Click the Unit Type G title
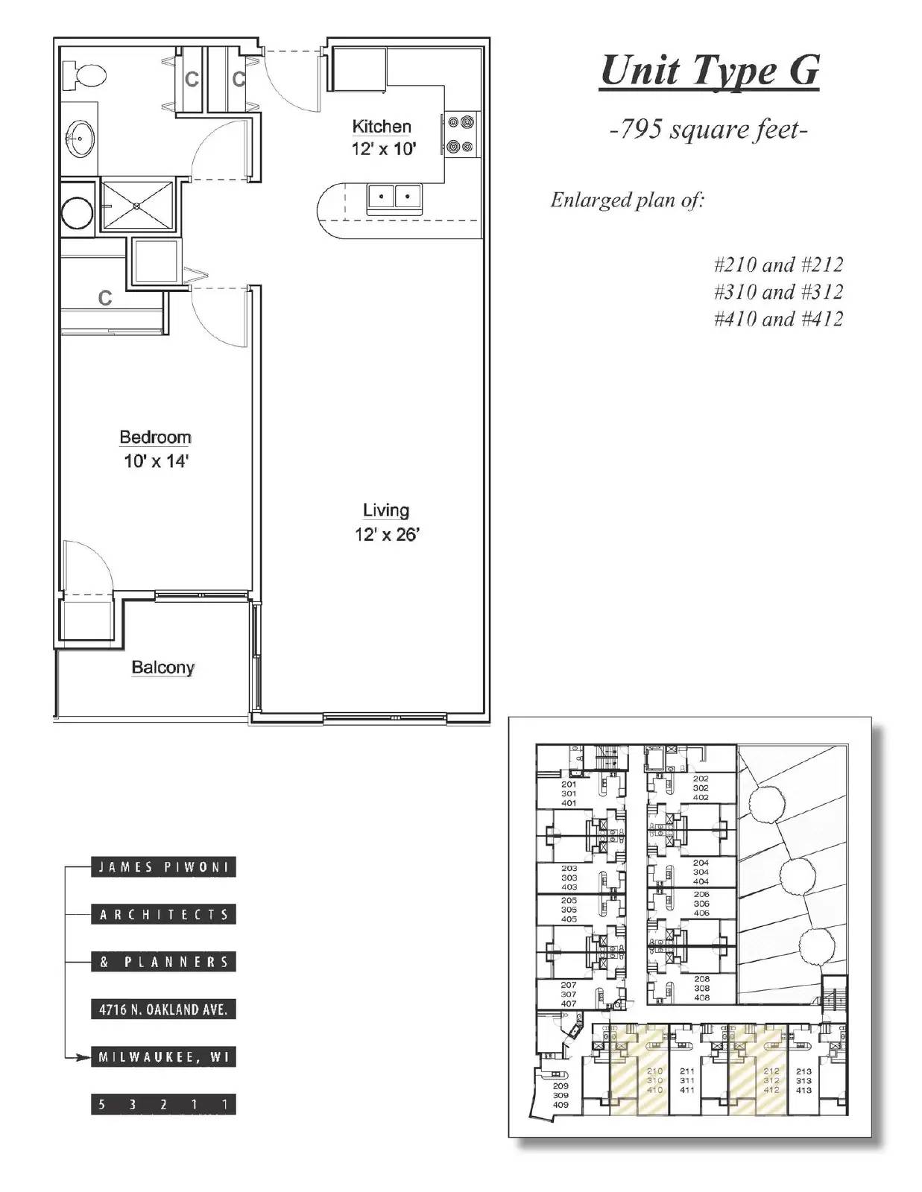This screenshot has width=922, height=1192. point(709,71)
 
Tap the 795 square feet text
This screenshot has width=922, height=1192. point(708,130)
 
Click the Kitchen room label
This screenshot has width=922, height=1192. point(381,126)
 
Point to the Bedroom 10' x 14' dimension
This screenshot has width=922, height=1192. point(156,461)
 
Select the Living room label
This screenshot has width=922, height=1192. point(385,510)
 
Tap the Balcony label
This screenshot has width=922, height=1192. point(162,667)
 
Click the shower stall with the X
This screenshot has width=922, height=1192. point(138,204)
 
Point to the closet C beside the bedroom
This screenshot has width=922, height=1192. point(105,298)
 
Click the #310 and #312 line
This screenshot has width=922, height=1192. point(777,291)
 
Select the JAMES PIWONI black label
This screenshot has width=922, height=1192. point(163,867)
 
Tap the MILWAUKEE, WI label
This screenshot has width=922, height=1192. point(163,1057)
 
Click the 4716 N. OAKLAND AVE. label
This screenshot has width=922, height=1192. point(163,1009)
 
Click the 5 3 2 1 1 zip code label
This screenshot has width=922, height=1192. point(163,1104)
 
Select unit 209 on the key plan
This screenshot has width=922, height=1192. point(561,1095)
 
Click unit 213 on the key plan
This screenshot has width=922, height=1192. point(803,1081)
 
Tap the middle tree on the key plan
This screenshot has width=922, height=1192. point(796,873)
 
